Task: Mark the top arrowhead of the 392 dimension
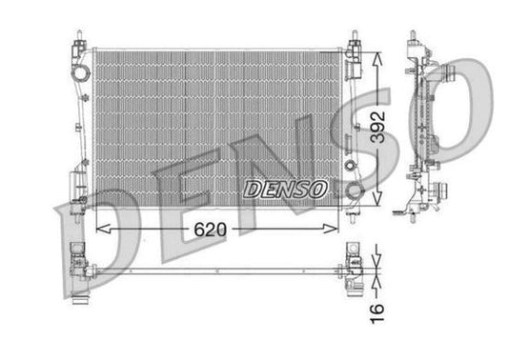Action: click(379, 51)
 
